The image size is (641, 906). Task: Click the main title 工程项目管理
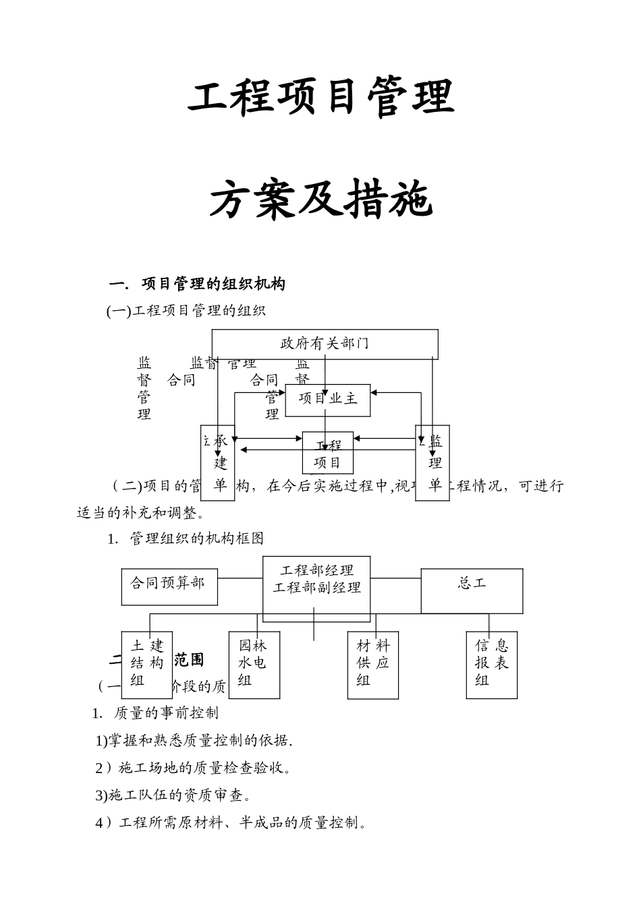point(320,98)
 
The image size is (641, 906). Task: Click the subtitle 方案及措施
point(320,201)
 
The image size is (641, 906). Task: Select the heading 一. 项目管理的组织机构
point(197,284)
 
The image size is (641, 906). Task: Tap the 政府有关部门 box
point(325,344)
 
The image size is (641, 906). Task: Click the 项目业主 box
point(328,399)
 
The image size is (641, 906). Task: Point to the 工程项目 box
point(327,454)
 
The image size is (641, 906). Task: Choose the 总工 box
point(472,590)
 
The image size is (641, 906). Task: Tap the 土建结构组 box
point(146,664)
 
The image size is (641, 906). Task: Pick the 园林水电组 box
point(254,664)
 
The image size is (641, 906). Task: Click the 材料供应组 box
point(372,664)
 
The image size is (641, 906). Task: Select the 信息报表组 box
point(491,664)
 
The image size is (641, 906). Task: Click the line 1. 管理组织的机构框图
point(186,539)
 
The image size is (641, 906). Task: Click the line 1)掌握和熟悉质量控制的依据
point(194,740)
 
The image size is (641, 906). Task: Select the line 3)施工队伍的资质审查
point(173,795)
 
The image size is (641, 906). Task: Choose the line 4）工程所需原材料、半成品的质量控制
point(231,823)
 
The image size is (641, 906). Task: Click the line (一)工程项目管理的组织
point(186,311)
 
